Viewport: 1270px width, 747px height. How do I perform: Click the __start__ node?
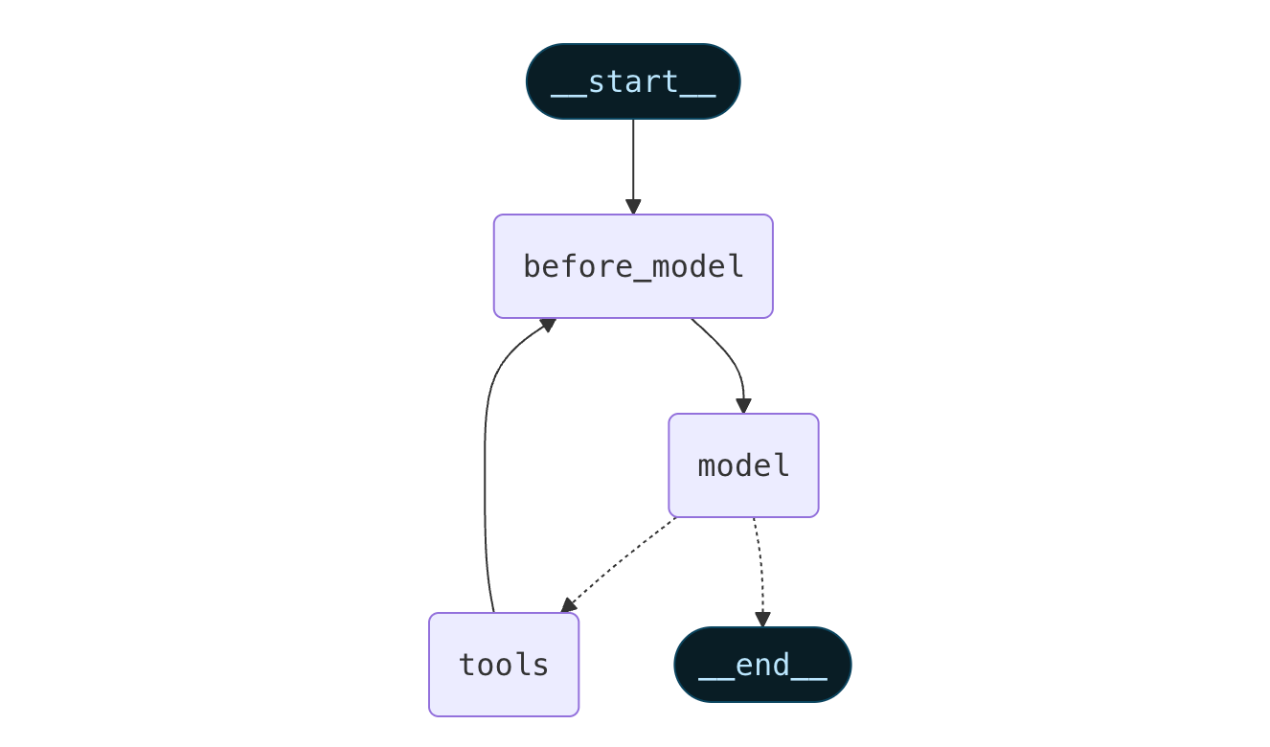coord(633,81)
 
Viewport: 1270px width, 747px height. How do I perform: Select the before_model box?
coord(633,266)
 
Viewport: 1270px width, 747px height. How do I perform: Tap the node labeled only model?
coord(743,465)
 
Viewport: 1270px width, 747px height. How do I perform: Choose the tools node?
coord(504,665)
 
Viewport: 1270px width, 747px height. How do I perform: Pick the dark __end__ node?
coord(762,665)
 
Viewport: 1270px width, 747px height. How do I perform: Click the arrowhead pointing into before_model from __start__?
coord(633,207)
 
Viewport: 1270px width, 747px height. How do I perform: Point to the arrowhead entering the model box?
coord(743,406)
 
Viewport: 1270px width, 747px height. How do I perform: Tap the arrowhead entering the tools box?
coord(568,605)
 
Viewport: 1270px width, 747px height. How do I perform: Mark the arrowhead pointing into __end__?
coord(762,620)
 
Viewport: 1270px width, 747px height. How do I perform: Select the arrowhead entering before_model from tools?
coord(548,325)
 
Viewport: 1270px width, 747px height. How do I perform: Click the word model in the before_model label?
coord(687,266)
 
